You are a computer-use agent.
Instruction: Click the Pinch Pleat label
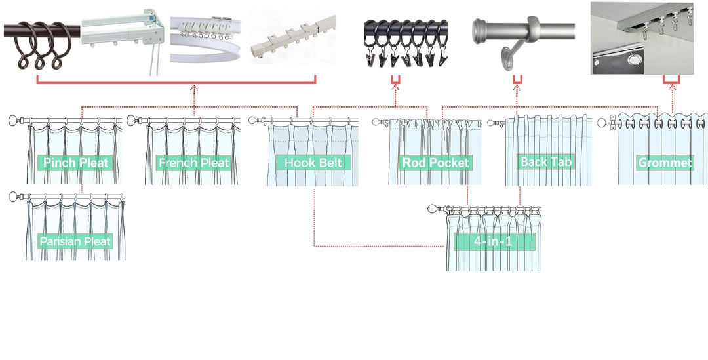pyautogui.click(x=75, y=163)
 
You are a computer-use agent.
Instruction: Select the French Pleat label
pyautogui.click(x=193, y=163)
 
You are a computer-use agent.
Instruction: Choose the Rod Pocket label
pyautogui.click(x=436, y=163)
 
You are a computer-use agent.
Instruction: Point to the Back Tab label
pyautogui.click(x=547, y=161)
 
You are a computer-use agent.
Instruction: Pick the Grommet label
pyautogui.click(x=665, y=163)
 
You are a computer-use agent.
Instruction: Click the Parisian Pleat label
pyautogui.click(x=75, y=241)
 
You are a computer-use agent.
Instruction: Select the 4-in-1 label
pyautogui.click(x=495, y=241)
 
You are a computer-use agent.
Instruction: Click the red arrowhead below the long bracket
pyautogui.click(x=194, y=87)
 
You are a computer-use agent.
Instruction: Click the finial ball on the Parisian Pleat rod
pyautogui.click(x=14, y=196)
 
